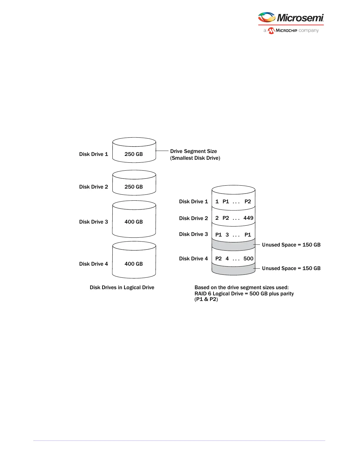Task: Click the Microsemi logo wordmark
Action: click(x=300, y=18)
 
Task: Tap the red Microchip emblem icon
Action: click(x=271, y=31)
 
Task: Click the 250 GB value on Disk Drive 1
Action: click(x=134, y=154)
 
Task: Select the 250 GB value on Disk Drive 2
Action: click(x=134, y=187)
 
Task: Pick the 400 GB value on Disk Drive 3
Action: click(x=134, y=222)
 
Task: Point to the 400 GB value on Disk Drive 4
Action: click(x=134, y=264)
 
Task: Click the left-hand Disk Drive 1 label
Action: click(x=94, y=154)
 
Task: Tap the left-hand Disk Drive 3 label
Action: click(x=94, y=222)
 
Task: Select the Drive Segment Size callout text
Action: click(x=194, y=151)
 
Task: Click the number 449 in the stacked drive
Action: click(x=248, y=218)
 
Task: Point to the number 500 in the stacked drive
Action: click(x=248, y=259)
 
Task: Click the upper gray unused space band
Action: click(x=233, y=245)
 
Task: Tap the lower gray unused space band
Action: click(x=233, y=269)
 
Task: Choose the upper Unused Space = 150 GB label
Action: click(x=291, y=245)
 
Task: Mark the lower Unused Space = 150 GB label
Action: click(x=291, y=268)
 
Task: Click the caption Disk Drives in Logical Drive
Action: click(x=122, y=287)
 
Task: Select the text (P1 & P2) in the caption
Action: click(x=206, y=299)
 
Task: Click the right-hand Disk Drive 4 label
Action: click(x=194, y=259)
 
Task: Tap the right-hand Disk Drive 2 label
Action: click(x=194, y=218)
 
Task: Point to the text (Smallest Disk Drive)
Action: click(x=195, y=158)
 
